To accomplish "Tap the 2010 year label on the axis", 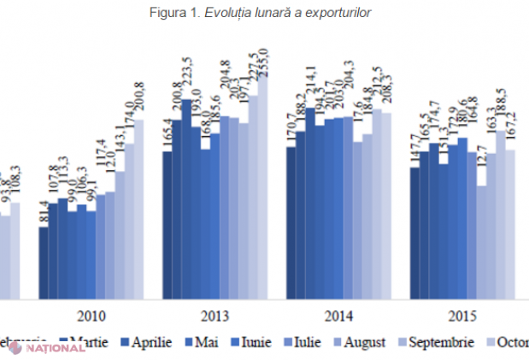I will (91, 313).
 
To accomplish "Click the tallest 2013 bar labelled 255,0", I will (262, 180).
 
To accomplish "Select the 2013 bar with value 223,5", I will (186, 197).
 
